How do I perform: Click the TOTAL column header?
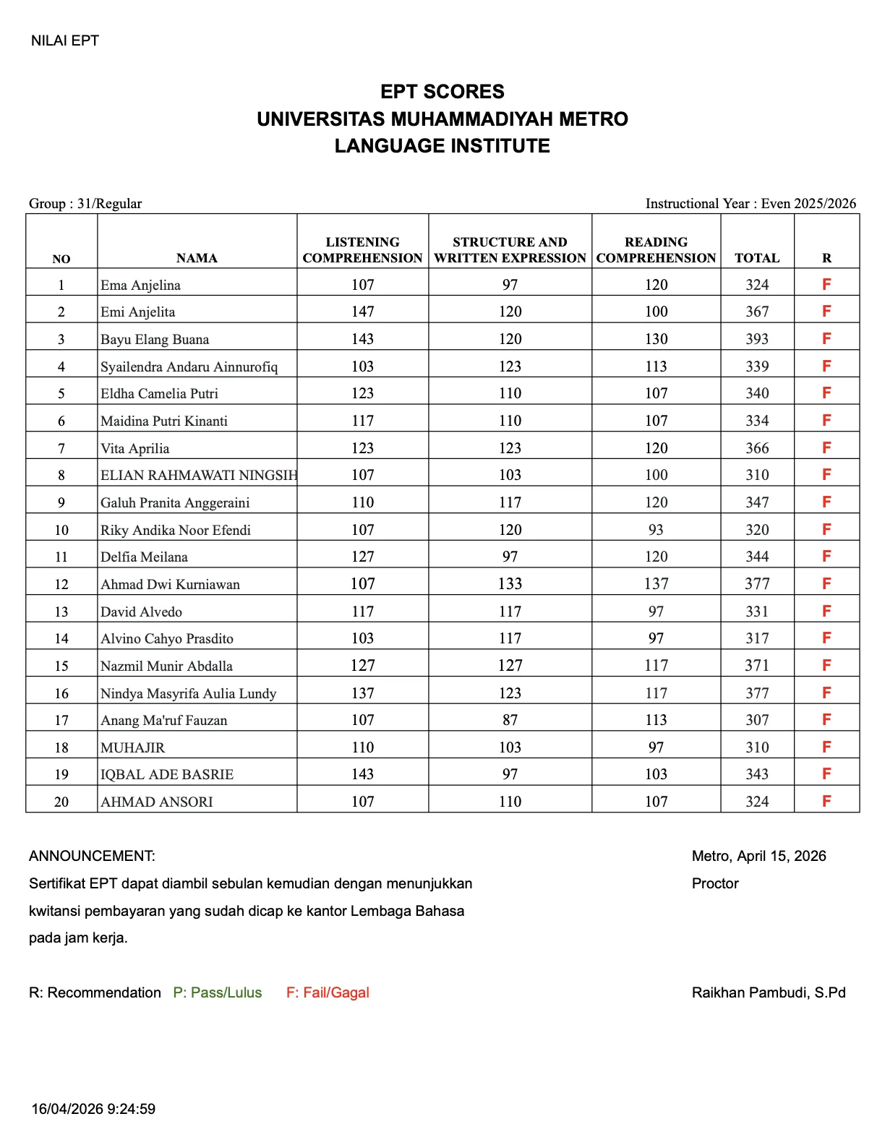coord(757,258)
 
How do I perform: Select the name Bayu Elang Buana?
coord(155,339)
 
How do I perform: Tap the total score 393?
coord(757,339)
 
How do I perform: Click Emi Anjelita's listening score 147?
coord(362,312)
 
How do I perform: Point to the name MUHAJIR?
coord(133,747)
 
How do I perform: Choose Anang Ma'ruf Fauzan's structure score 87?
coord(510,720)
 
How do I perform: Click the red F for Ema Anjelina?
coord(826,284)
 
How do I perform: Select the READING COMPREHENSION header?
coord(656,250)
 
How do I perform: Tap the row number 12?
coord(61,584)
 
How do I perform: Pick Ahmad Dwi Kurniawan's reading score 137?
coord(656,584)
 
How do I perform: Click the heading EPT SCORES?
coord(442,92)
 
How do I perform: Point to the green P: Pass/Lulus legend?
coord(218,992)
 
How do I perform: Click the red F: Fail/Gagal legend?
coord(328,992)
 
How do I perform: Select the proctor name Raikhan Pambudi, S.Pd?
coord(769,992)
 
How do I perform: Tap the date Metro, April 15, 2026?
coord(758,856)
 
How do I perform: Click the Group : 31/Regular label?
coord(85,203)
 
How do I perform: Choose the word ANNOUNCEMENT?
coord(92,856)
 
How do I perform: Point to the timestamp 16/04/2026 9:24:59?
coord(93,1109)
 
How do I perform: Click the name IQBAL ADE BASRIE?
coord(167,774)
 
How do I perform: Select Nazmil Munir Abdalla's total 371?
coord(757,666)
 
